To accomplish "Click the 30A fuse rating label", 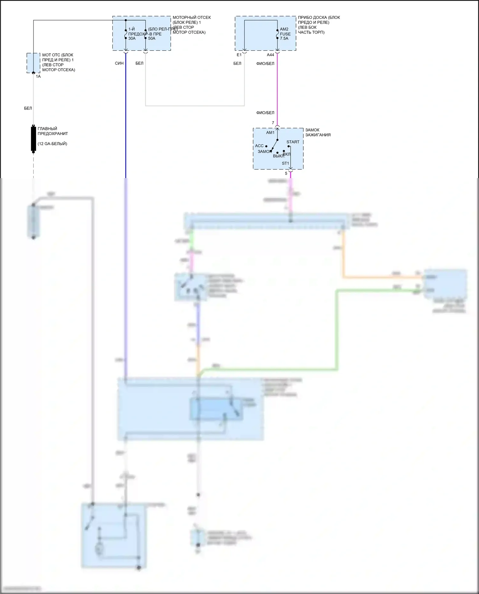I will click(x=132, y=39).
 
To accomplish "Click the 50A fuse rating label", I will click(x=152, y=39).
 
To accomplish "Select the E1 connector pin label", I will click(x=239, y=55).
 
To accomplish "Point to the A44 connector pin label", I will click(x=270, y=55).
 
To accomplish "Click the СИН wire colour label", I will click(x=119, y=64).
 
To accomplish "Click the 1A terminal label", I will click(x=38, y=77).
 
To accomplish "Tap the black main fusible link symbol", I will click(x=33, y=139).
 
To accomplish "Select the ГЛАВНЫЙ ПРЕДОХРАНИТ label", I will click(x=53, y=131).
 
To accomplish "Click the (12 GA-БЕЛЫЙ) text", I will click(x=52, y=144).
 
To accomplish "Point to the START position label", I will click(x=293, y=142).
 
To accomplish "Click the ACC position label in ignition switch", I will click(x=259, y=146).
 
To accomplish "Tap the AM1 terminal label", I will click(x=270, y=133).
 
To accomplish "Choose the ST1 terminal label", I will click(x=285, y=163).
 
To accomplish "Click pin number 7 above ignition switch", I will click(x=273, y=123).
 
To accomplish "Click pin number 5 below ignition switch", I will click(x=286, y=174).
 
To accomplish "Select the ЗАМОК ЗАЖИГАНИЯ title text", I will click(x=318, y=132).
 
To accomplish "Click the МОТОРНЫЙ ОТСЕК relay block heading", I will click(x=192, y=18).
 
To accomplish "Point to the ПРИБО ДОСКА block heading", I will click(x=319, y=18).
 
